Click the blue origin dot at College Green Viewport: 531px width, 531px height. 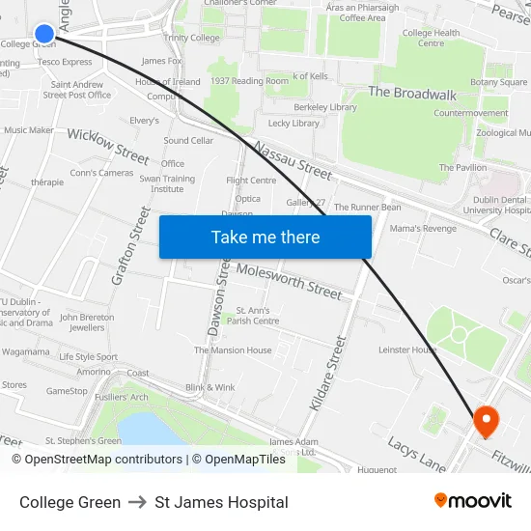pyautogui.click(x=44, y=34)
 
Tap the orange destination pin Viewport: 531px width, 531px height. pyautogui.click(x=484, y=420)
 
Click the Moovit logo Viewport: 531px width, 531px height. pyautogui.click(x=472, y=500)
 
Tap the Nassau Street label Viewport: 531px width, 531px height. pyautogui.click(x=293, y=160)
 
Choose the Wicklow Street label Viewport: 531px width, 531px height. pyautogui.click(x=108, y=144)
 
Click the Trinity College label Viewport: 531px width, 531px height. pyautogui.click(x=191, y=38)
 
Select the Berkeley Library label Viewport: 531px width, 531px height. pyautogui.click(x=325, y=107)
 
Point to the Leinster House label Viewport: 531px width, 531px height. pyautogui.click(x=407, y=349)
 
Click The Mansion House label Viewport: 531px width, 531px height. pyautogui.click(x=233, y=350)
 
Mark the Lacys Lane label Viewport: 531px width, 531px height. pyautogui.click(x=416, y=455)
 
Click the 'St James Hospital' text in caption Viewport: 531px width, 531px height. pyautogui.click(x=221, y=502)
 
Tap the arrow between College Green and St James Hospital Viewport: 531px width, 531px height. pyautogui.click(x=137, y=502)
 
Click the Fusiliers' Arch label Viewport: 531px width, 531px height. pyautogui.click(x=122, y=397)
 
